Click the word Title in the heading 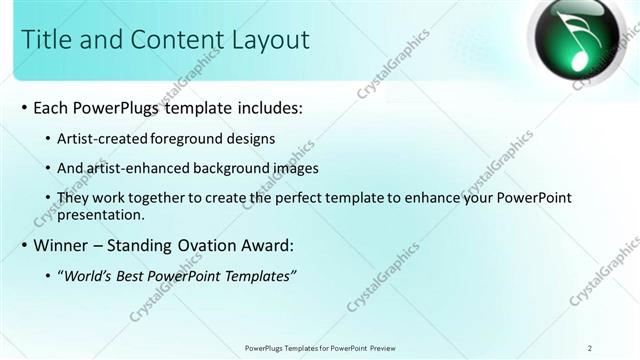48,40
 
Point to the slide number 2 590,347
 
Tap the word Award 264,245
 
